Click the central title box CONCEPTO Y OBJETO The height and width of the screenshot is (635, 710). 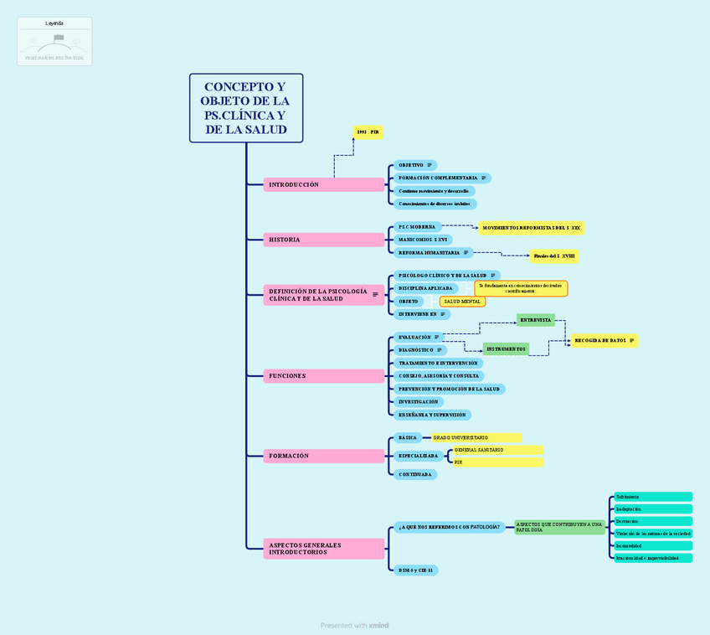coord(245,108)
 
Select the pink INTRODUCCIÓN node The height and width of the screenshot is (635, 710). coord(323,184)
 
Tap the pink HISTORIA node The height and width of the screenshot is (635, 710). coord(323,240)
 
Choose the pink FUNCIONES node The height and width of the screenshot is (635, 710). coord(323,376)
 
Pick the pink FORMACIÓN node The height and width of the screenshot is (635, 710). coord(323,456)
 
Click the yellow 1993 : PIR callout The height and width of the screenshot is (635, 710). coord(368,132)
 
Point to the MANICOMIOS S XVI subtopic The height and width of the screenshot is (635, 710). coord(423,240)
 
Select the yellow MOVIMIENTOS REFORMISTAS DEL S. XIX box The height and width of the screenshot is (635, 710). coord(531,227)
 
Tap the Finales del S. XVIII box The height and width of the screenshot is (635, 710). coord(553,256)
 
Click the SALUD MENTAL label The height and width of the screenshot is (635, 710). coord(462,301)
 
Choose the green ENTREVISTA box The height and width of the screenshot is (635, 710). coord(536,320)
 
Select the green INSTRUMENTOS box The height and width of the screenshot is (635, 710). coord(506,348)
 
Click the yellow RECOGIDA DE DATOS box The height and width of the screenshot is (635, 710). coord(605,341)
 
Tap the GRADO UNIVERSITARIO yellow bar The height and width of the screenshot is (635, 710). coord(476,437)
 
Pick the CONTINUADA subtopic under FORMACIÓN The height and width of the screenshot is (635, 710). coord(415,474)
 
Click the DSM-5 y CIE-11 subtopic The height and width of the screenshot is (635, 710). coord(415,570)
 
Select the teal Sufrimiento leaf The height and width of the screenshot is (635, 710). coord(652,497)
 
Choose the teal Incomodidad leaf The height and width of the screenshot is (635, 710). coord(652,545)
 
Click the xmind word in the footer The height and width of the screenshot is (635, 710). coord(379,625)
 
